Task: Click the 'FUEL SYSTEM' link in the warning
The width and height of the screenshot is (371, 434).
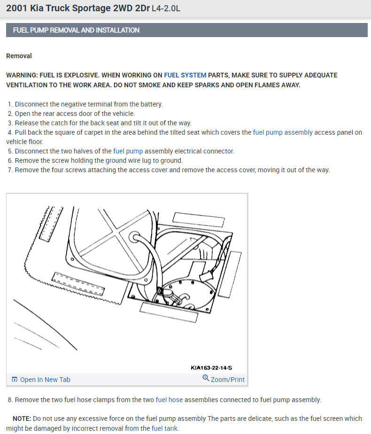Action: click(185, 75)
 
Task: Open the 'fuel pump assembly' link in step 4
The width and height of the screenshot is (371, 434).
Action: click(282, 132)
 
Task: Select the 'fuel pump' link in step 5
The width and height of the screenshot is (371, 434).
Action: click(128, 151)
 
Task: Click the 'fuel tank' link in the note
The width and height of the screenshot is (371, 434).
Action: click(164, 428)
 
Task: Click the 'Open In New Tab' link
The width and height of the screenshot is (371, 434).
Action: click(45, 379)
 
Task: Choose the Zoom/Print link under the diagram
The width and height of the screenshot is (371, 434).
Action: click(228, 379)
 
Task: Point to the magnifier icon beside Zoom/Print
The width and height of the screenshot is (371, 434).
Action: click(206, 378)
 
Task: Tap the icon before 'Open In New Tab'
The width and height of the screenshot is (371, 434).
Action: click(15, 379)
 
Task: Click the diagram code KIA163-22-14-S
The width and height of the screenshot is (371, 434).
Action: click(217, 368)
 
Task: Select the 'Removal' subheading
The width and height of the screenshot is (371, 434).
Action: click(19, 56)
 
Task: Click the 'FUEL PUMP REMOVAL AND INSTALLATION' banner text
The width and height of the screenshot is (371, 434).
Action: click(76, 30)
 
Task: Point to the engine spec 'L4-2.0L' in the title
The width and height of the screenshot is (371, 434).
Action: click(166, 8)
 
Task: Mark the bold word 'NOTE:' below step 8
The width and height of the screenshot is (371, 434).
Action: click(22, 419)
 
